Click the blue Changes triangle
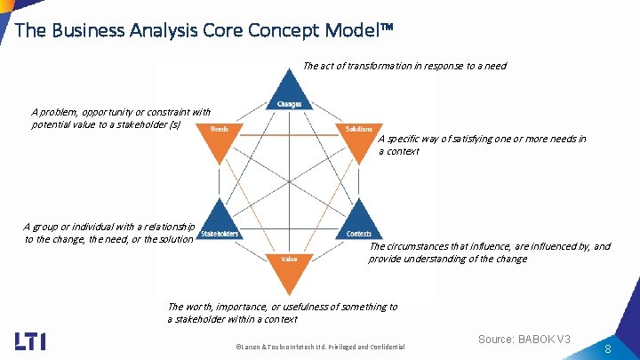(x=289, y=92)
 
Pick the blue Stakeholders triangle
(x=219, y=223)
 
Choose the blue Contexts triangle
(x=358, y=223)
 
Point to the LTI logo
(x=31, y=340)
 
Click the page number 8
(x=607, y=350)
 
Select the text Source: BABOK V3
(x=524, y=340)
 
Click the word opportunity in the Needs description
(x=107, y=113)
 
